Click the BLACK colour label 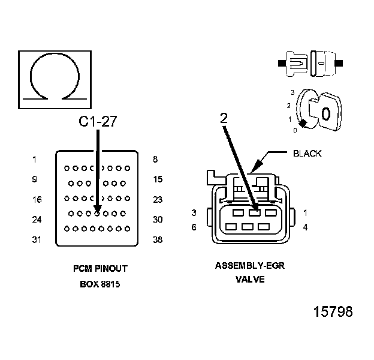(307, 154)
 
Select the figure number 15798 (333, 312)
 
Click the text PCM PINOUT (100, 269)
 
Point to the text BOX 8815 (100, 284)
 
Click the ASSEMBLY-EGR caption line (249, 265)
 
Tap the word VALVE (249, 280)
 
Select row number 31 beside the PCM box (37, 240)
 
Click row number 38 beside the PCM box (158, 240)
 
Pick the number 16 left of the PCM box (37, 200)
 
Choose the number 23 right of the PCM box (158, 200)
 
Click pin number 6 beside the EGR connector (194, 227)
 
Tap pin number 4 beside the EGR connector (305, 227)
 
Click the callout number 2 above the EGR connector (224, 119)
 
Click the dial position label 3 (292, 92)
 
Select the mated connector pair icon (311, 62)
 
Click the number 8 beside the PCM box (155, 160)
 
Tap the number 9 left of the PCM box (35, 179)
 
